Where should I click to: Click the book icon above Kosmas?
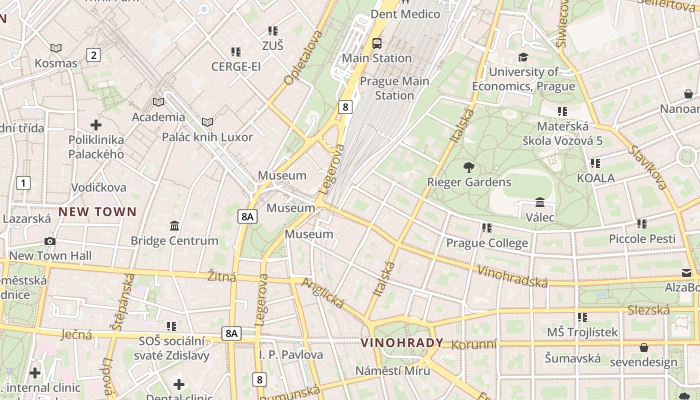pos(56,48)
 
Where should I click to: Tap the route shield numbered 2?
pos(93,55)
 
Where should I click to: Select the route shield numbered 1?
pos(23,183)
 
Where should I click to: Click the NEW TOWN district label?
pos(97,211)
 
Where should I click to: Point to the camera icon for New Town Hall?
pos(49,241)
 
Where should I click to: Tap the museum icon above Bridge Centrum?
pos(174,226)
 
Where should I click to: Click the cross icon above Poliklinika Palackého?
pos(96,125)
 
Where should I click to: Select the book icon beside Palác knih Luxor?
pos(207,122)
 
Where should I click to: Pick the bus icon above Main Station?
pos(377,43)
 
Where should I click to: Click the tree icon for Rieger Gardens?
pos(469,167)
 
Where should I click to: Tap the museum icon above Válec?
pos(540,202)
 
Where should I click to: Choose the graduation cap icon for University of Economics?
pos(523,57)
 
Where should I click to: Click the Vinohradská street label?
pos(512,276)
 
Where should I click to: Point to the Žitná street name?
pos(221,276)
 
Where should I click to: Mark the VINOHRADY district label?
pos(402,342)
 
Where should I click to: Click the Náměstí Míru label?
pos(392,371)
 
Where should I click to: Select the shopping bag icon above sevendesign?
pos(644,347)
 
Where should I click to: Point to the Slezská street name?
pos(648,310)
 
